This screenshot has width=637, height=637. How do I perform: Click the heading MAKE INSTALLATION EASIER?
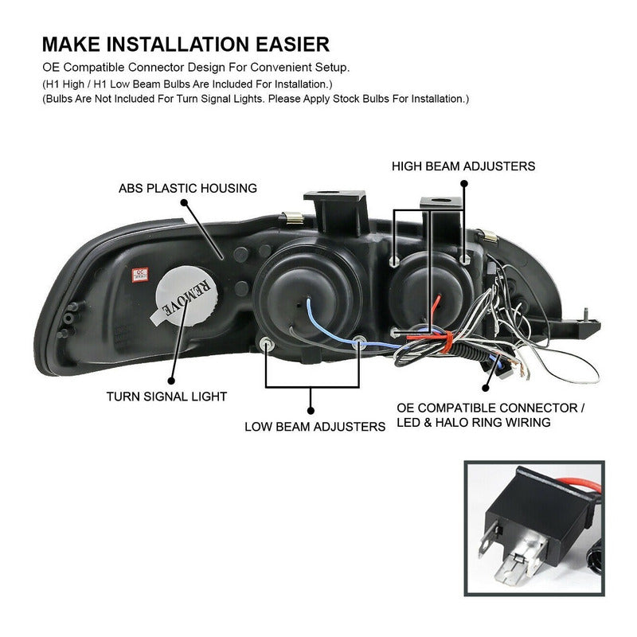tap(185, 43)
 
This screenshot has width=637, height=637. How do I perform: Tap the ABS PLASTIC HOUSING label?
tap(187, 189)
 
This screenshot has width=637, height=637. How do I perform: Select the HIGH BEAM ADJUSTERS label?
tap(463, 166)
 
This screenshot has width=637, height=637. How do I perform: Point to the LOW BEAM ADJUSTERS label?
tap(315, 426)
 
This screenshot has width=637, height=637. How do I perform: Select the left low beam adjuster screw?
tap(266, 343)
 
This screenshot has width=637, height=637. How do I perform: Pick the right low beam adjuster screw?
tap(360, 343)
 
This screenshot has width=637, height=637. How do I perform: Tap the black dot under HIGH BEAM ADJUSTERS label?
tap(463, 182)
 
